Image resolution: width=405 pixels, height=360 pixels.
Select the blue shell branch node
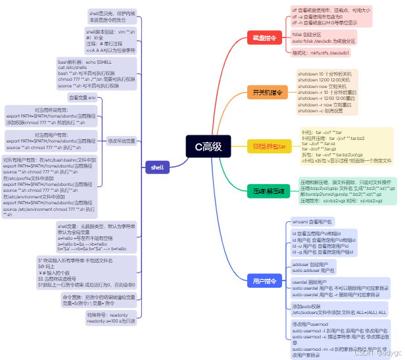[x=157, y=168]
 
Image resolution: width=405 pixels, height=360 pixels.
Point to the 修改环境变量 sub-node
[x=122, y=141]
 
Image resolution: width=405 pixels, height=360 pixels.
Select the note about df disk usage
[x=331, y=16]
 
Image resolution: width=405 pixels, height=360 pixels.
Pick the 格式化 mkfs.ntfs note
[x=322, y=52]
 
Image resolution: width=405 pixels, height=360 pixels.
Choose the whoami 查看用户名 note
[x=313, y=221]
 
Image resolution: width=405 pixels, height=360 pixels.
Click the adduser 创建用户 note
[x=314, y=267]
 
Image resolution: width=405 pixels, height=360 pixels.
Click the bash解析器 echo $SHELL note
[x=97, y=73]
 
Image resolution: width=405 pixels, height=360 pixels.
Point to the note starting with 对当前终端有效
[x=51, y=116]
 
